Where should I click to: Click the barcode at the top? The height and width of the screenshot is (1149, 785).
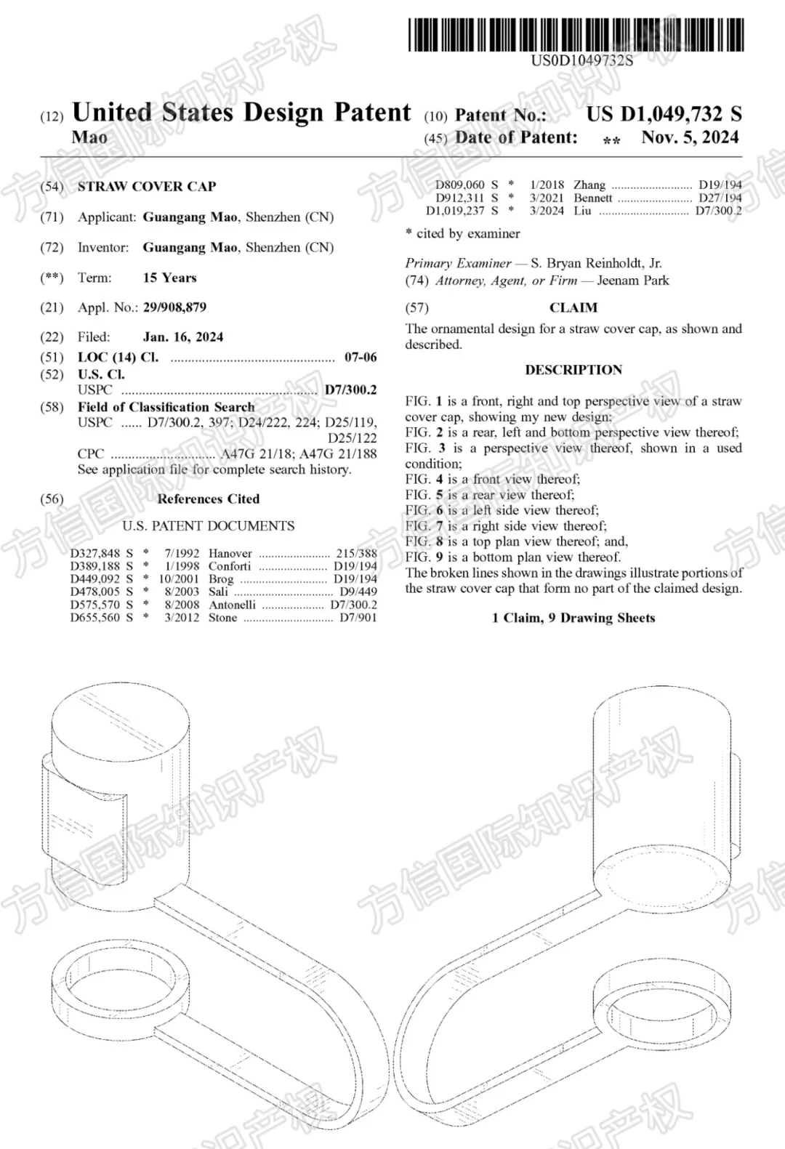(x=576, y=35)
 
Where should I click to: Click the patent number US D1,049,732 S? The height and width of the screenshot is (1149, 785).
(x=664, y=114)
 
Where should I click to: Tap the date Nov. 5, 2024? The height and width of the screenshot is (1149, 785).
(x=690, y=137)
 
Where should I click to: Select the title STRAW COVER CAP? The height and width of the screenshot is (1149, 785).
(x=147, y=187)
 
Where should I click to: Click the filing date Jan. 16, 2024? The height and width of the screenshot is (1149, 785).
(x=183, y=337)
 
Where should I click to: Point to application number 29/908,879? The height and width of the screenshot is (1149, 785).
(x=174, y=307)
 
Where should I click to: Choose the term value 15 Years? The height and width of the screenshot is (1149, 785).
(x=169, y=278)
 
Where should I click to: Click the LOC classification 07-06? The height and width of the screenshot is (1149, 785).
(x=361, y=358)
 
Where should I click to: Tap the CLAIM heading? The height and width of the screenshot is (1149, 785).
(x=573, y=307)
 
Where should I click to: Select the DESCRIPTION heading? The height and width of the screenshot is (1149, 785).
(x=573, y=370)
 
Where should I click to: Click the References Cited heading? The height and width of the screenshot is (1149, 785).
(x=208, y=499)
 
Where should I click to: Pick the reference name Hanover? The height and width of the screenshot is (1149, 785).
(x=230, y=554)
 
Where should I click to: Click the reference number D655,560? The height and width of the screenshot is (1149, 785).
(x=95, y=618)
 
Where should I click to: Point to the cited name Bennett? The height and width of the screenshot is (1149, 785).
(x=593, y=198)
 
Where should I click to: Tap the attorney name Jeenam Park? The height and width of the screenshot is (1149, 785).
(x=632, y=281)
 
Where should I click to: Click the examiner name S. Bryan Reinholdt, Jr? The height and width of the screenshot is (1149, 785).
(x=596, y=263)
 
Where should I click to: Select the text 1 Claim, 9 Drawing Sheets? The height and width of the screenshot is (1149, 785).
(x=573, y=618)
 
